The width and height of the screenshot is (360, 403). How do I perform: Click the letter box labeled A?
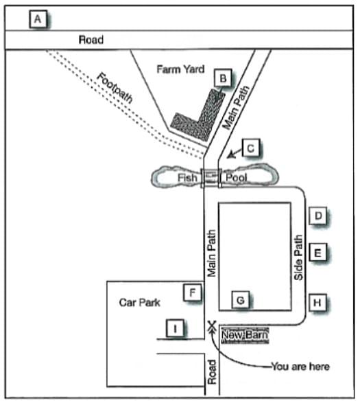[38, 20]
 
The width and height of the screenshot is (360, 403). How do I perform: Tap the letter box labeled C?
[252, 148]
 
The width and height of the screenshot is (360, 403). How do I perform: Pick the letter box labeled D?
[317, 216]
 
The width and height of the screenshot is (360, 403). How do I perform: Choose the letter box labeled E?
[317, 253]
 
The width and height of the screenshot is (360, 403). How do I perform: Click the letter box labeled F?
[193, 293]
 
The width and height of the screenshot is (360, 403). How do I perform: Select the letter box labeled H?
[317, 301]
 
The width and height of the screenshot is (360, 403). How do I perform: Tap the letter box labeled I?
[176, 330]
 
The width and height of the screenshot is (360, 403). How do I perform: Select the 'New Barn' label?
[245, 335]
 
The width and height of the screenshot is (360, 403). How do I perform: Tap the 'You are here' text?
[300, 367]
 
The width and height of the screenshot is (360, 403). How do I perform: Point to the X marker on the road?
[211, 326]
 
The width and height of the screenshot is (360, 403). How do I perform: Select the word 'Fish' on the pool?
[187, 178]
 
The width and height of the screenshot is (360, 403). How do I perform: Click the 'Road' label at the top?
[91, 40]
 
